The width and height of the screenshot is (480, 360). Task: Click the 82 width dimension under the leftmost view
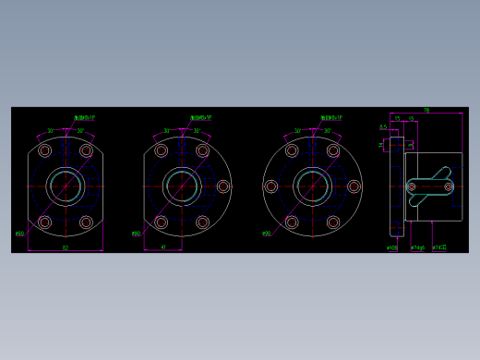[65, 247]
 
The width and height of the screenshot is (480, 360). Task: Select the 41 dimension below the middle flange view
[163, 247]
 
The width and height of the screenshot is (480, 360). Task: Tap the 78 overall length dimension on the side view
[426, 111]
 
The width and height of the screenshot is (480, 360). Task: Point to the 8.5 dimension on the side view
[383, 127]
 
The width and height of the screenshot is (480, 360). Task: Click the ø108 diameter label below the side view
[391, 247]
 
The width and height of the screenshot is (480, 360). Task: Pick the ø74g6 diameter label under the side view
[417, 247]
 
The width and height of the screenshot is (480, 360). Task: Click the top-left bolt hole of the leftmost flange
[44, 150]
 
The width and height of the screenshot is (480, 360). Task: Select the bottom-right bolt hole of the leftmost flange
[86, 222]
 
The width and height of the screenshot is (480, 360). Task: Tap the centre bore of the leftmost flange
[66, 186]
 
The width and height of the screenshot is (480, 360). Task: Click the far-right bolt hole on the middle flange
[222, 186]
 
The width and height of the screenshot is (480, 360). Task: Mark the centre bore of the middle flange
[182, 186]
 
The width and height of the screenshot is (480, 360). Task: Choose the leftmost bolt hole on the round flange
[271, 186]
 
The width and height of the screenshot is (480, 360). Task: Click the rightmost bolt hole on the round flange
[354, 186]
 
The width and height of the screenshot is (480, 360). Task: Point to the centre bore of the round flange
[313, 186]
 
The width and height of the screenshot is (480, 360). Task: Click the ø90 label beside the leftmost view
[19, 234]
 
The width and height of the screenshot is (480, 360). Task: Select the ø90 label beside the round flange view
[266, 234]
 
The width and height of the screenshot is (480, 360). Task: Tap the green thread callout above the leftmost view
[84, 118]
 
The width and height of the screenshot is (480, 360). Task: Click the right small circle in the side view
[449, 186]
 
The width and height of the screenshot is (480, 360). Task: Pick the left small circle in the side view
[412, 186]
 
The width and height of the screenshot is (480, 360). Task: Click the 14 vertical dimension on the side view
[381, 145]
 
